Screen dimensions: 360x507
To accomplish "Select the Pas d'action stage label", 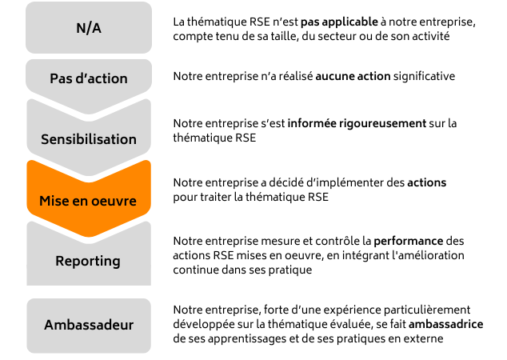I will coord(89,79).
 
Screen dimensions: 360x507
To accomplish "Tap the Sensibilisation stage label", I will coord(89,139).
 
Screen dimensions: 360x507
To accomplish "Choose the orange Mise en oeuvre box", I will coord(89,200).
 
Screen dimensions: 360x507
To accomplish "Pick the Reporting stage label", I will coord(89,261).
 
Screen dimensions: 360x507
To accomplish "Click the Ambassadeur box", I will coord(89,326).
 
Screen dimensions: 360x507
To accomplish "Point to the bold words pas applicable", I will coord(333,22).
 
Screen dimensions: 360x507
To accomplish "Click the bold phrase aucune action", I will coord(353,77).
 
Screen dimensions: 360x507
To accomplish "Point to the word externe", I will coord(424,339).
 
